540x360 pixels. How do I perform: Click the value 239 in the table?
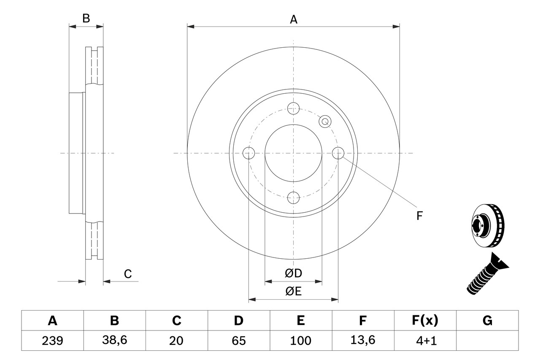click(x=52, y=341)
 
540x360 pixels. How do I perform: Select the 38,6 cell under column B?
click(x=114, y=341)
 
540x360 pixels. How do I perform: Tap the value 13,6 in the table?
click(x=362, y=341)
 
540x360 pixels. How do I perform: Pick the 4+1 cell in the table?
click(x=424, y=341)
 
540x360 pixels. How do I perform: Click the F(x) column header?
click(x=424, y=321)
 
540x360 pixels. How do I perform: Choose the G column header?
click(x=487, y=321)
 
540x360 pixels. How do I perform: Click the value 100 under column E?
click(x=300, y=341)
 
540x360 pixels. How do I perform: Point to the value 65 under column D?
click(x=238, y=341)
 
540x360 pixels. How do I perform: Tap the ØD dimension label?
click(x=294, y=273)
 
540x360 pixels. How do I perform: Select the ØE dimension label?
click(x=294, y=292)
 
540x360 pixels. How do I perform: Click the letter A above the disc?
click(x=294, y=19)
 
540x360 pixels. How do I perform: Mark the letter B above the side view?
click(x=86, y=19)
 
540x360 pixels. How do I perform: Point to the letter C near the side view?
click(x=128, y=274)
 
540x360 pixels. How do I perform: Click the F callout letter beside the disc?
click(x=419, y=216)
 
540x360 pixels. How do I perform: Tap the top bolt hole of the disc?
click(x=293, y=108)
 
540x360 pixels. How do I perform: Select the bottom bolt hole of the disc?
click(x=293, y=197)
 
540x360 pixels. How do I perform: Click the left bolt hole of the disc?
click(x=249, y=153)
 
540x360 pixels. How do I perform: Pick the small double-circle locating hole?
click(x=325, y=122)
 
